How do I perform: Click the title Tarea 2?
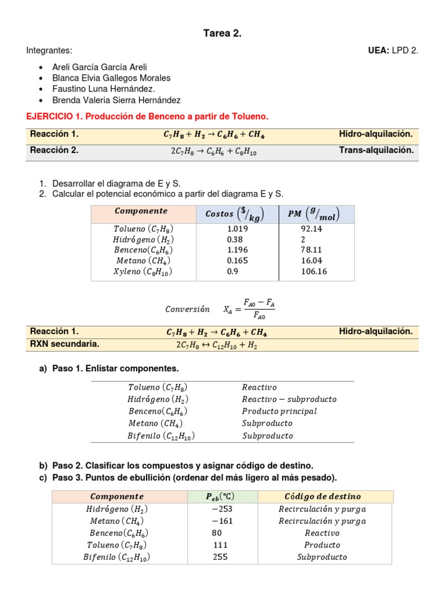tap(222, 34)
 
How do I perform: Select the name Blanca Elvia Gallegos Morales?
tap(111, 78)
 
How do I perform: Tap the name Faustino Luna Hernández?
tap(104, 89)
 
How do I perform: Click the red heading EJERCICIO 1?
tap(148, 117)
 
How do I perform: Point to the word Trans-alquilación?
tap(376, 150)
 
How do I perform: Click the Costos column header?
tap(235, 214)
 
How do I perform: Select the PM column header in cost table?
tap(313, 214)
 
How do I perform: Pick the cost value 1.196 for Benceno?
tap(238, 250)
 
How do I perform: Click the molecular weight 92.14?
tap(311, 229)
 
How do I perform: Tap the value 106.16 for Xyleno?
tap(313, 271)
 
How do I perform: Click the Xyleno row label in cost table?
tap(143, 271)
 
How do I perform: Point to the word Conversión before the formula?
tap(187, 309)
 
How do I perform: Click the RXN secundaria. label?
tap(65, 344)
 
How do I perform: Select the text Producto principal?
tap(279, 411)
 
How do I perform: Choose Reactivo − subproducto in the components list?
tap(289, 399)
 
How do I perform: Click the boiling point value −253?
tap(222, 509)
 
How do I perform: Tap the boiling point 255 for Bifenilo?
tap(220, 557)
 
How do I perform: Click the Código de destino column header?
tap(323, 497)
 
